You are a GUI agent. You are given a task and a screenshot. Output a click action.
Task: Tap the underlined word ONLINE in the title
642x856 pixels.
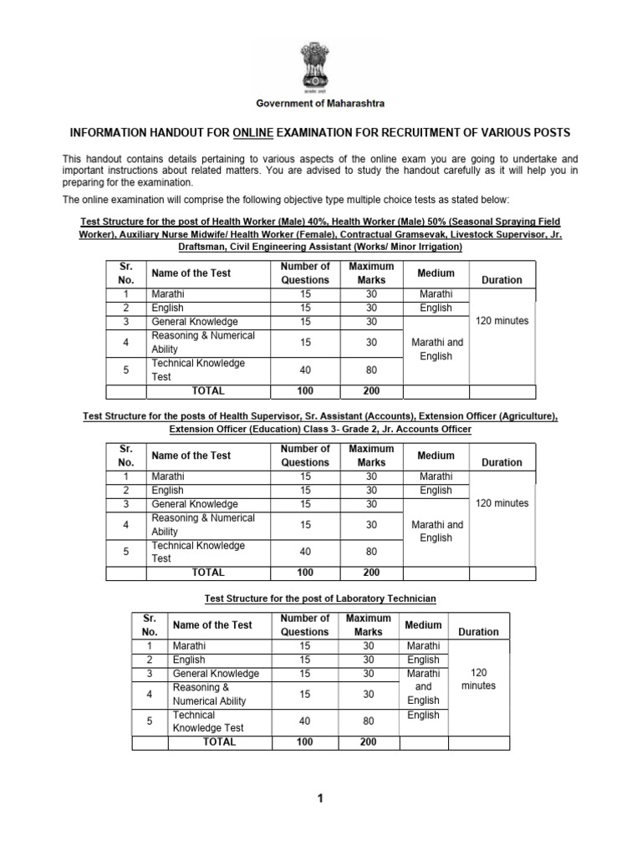point(256,134)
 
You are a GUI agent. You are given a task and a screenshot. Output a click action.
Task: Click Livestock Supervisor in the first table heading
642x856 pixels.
point(488,235)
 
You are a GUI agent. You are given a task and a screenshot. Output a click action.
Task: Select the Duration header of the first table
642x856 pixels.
point(502,280)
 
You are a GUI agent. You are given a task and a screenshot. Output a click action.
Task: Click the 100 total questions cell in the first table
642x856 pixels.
point(305,390)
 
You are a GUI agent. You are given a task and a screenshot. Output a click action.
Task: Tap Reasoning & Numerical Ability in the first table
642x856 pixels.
point(203,342)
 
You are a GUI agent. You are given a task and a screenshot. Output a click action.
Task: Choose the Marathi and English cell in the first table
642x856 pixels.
point(436,349)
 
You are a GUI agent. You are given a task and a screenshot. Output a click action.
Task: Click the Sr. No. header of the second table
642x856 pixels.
point(126,455)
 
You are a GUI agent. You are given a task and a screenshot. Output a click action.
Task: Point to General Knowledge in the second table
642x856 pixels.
point(195,504)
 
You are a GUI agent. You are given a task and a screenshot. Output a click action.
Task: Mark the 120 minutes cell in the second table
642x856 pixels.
point(502,503)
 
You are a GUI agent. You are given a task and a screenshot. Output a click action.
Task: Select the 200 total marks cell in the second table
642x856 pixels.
point(371,573)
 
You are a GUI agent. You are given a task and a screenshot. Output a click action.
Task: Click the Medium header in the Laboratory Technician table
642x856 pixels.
point(423,624)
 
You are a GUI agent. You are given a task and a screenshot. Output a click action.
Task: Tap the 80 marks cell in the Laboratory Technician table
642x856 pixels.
point(368,721)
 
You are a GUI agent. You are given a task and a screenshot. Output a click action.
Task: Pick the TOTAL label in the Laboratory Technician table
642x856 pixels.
point(219,741)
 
